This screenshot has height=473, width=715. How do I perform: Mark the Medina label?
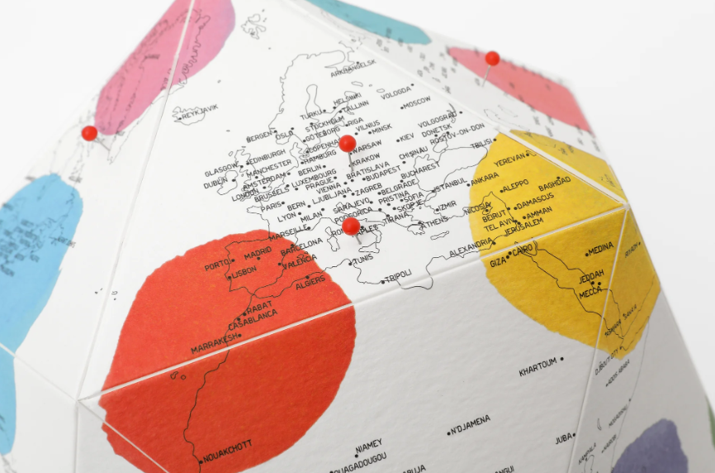click(601, 249)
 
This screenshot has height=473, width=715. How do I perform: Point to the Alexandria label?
click(470, 248)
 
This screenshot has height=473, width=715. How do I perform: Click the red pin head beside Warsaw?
click(348, 143)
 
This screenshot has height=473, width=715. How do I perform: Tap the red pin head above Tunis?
click(351, 226)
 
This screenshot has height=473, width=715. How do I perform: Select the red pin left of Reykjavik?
click(89, 132)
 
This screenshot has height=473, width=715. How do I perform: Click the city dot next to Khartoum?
click(562, 360)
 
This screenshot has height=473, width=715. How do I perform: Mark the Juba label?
click(565, 439)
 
